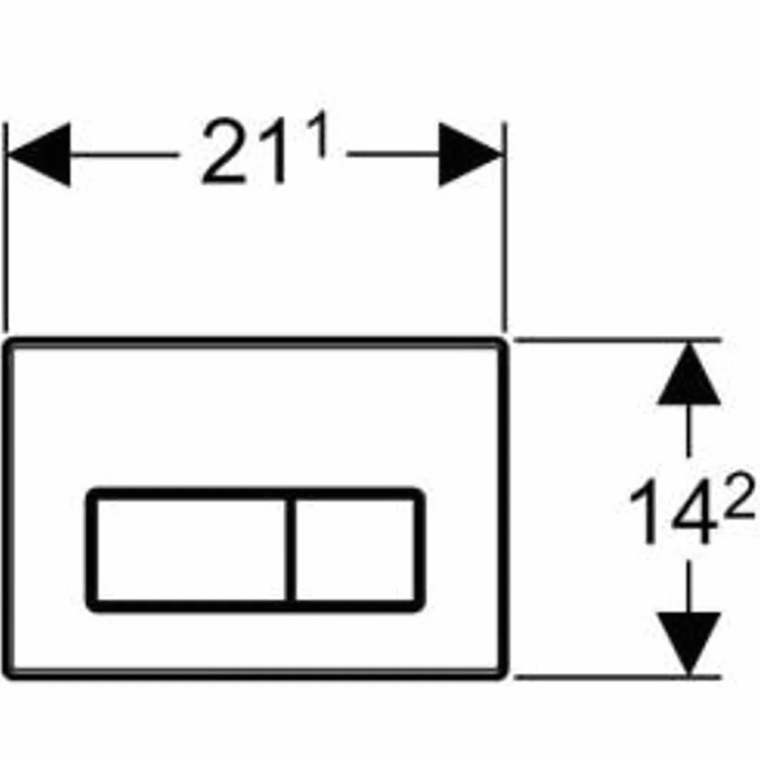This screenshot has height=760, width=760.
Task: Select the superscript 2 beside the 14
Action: (740, 495)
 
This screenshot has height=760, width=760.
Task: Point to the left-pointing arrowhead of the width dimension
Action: (39, 154)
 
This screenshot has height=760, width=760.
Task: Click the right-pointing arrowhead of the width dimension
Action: (470, 154)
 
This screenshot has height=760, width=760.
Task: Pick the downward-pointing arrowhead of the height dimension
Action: (689, 643)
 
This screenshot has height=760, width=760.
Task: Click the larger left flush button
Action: (191, 550)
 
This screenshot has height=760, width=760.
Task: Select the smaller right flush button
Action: (355, 550)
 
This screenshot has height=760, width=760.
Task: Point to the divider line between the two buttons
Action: (290, 550)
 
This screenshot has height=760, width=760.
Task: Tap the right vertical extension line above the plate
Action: (504, 227)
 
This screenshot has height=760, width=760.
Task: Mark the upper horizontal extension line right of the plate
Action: (617, 341)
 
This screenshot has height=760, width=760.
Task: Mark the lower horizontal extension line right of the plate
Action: (617, 675)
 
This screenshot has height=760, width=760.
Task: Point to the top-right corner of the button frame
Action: (419, 493)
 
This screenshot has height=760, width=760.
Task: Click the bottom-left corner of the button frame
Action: (92, 606)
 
